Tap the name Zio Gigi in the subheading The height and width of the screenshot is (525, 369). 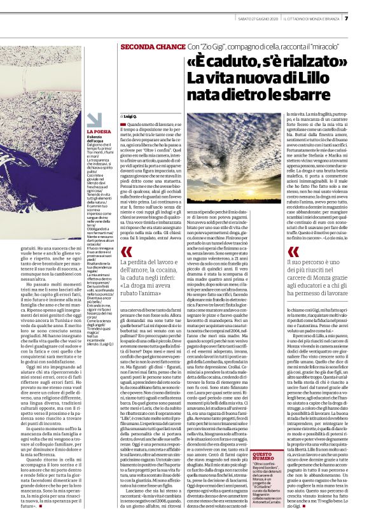(x=214, y=48)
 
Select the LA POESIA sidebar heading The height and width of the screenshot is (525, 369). (x=97, y=132)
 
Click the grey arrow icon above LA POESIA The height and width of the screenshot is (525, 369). (x=94, y=120)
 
